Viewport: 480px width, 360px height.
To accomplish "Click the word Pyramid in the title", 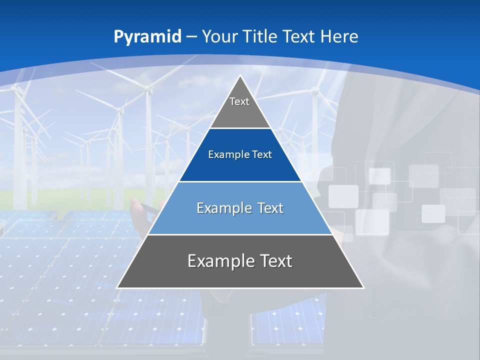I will click(147, 36).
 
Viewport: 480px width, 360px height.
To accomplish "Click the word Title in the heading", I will click(259, 36).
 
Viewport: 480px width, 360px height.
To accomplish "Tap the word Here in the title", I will click(339, 36).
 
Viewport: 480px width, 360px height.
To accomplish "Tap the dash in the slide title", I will click(192, 37).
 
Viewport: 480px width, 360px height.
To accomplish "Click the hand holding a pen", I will click(145, 210).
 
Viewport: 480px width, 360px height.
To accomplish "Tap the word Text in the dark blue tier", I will click(262, 155).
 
